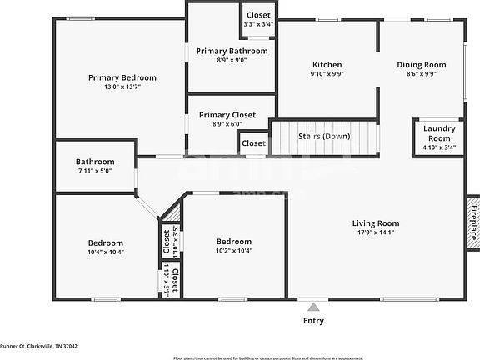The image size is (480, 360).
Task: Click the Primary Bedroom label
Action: [x=122, y=77]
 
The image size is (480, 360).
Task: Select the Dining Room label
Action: [x=421, y=64]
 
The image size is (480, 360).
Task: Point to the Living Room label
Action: [x=375, y=222]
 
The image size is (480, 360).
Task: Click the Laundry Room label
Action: [x=438, y=132]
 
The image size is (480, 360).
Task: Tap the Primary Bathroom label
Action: [x=232, y=51]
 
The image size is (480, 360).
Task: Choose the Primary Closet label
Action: [x=227, y=115]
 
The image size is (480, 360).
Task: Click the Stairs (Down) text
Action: [x=324, y=136]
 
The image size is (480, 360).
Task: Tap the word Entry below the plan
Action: [x=313, y=320]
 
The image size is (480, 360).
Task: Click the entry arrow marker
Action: [x=313, y=306]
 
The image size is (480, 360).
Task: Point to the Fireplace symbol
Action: [x=473, y=221]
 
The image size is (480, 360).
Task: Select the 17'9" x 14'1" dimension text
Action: [x=375, y=233]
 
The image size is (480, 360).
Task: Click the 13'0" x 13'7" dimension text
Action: [x=122, y=87]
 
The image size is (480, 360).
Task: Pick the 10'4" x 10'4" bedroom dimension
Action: [x=106, y=252]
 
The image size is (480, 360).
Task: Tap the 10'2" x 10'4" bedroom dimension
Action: [x=233, y=251]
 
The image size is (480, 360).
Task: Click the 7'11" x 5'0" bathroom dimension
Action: [x=95, y=171]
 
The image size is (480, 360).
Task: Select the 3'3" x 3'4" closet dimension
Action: [x=258, y=25]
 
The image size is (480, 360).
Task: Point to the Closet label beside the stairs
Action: [x=253, y=143]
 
